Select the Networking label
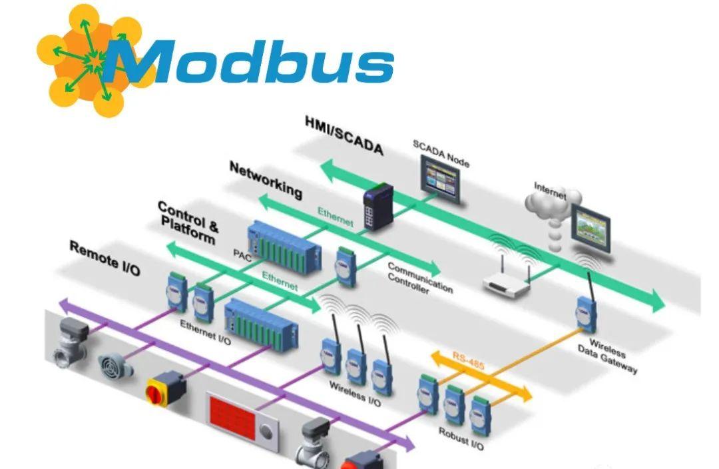tap(265, 179)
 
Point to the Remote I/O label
tap(105, 258)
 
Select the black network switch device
tap(374, 209)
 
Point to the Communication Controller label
tap(420, 278)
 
